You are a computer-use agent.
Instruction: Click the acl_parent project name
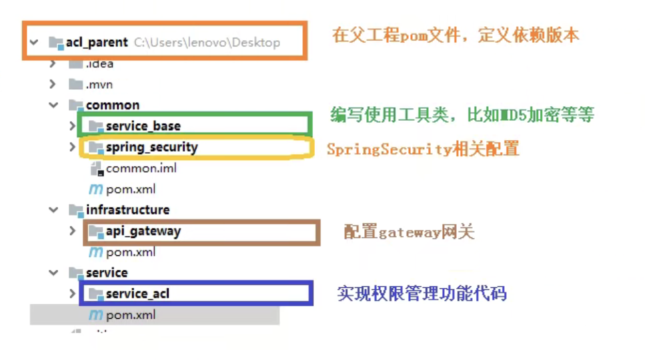tap(96, 42)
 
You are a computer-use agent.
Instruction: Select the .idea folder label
tap(99, 64)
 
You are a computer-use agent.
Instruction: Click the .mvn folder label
tap(99, 85)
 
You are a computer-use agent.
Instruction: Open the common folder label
tap(112, 105)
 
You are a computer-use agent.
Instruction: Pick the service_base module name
tap(143, 126)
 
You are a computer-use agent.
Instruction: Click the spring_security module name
tap(152, 148)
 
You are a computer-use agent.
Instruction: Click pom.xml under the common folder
tap(130, 190)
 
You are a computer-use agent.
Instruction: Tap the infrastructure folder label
tap(127, 210)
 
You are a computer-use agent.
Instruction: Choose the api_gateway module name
tap(143, 232)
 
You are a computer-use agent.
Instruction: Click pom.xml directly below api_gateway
tap(130, 253)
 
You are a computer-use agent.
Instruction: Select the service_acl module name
tap(137, 294)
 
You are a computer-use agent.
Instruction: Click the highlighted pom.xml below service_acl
tap(130, 315)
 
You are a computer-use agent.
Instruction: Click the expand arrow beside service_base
tap(72, 126)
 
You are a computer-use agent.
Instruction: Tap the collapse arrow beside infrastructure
tap(54, 210)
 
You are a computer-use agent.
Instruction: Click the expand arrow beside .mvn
tap(53, 85)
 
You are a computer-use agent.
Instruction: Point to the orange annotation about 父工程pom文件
tap(456, 36)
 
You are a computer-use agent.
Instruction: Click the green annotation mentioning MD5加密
tap(462, 114)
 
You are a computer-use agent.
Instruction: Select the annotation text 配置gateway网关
tap(409, 232)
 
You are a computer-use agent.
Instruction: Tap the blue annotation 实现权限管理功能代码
tap(422, 293)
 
